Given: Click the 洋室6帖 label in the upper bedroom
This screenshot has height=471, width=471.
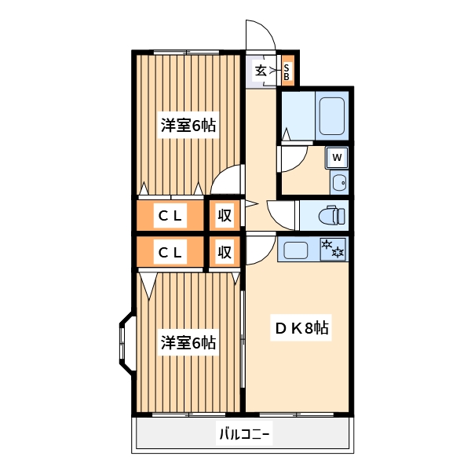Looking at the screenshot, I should [x=188, y=125].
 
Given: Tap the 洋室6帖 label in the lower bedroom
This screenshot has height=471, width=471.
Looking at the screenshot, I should [x=188, y=342].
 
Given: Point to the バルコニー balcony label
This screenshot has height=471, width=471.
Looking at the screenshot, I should [x=243, y=433].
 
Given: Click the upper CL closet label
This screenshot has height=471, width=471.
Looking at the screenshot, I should [x=170, y=215].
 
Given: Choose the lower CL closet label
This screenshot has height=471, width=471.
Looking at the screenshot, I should [x=170, y=252].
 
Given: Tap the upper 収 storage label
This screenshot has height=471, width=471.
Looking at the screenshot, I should [x=225, y=215].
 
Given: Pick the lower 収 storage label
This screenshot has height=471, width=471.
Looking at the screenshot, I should [x=225, y=252].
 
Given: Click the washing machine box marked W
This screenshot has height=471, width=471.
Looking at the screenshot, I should [x=337, y=158].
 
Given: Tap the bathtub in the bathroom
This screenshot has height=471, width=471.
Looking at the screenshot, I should [x=333, y=116].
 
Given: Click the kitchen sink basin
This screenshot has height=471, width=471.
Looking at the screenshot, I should [x=298, y=251].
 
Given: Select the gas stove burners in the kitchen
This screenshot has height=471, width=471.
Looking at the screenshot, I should [x=334, y=250].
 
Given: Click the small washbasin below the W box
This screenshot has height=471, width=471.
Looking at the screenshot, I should [x=338, y=184].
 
